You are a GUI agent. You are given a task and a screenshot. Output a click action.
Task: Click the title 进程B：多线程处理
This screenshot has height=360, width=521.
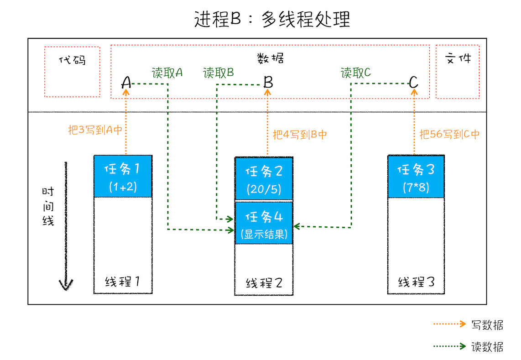coord(272,20)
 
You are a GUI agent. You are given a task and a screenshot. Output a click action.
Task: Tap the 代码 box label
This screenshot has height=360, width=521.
coord(73,60)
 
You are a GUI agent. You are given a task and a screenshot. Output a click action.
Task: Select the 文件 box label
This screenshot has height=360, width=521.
coord(458,59)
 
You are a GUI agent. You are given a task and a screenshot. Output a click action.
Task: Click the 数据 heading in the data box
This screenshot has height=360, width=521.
coord(270,58)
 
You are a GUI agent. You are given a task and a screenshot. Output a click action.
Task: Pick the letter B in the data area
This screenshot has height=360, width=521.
coord(268,83)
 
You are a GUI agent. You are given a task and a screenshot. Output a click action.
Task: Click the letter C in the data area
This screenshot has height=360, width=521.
coord(413,83)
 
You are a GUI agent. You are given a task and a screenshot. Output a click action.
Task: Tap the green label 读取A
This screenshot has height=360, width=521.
coord(167,73)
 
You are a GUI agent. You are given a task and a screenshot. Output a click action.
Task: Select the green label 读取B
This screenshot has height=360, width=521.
coord(219,73)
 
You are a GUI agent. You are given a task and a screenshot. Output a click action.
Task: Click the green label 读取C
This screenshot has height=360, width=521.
coord(356,73)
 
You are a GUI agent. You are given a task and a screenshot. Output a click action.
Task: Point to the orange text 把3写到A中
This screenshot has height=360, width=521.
coord(95,130)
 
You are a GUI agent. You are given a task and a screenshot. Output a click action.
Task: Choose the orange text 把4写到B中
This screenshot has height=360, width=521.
coord(300,135)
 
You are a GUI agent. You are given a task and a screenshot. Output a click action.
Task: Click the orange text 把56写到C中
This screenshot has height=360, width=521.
coord(449,135)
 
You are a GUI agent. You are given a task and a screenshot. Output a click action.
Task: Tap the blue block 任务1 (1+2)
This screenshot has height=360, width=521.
coord(123,177)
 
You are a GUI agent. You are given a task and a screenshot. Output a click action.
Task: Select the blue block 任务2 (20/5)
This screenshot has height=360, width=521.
coord(264,178)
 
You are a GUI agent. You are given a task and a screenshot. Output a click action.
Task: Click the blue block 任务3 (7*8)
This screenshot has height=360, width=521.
coord(416,177)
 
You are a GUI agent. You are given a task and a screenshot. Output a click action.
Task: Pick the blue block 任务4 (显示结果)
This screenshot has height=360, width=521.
coord(264,223)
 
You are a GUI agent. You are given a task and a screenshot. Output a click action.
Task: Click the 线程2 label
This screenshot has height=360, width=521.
coord(264,283)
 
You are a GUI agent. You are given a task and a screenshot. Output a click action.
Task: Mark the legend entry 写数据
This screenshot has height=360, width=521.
coord(487,325)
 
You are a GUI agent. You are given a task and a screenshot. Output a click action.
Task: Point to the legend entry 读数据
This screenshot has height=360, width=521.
coord(487,347)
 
